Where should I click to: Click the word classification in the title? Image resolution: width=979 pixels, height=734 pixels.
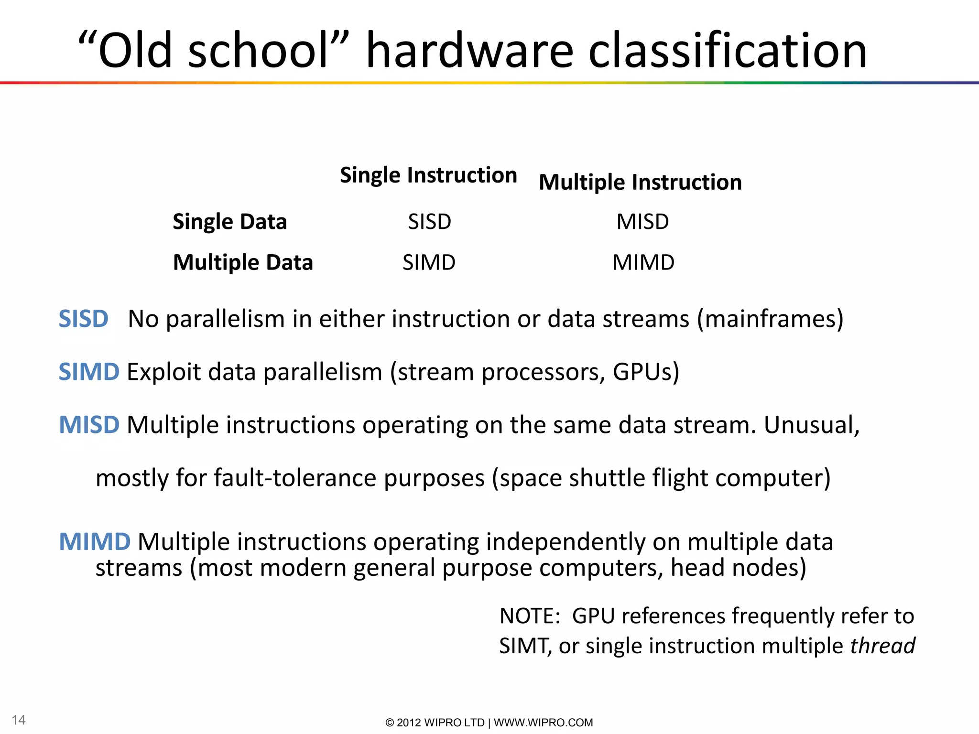[x=728, y=51]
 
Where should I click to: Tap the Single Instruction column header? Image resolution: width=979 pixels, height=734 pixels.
[x=428, y=175]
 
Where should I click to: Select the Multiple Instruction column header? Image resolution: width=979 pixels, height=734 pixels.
[x=640, y=183]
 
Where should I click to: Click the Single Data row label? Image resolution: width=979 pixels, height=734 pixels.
[x=229, y=222]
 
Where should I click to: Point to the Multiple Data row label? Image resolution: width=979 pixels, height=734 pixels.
[x=243, y=262]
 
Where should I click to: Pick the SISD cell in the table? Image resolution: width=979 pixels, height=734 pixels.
[x=429, y=222]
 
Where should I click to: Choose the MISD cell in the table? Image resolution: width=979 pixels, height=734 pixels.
[x=642, y=222]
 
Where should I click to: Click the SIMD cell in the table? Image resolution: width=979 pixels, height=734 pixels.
[x=429, y=262]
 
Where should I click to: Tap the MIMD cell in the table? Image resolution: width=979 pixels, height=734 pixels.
[x=643, y=262]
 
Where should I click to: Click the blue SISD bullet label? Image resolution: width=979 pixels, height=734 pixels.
[x=83, y=319]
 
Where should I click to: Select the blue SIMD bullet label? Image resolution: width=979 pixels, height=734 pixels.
[x=89, y=372]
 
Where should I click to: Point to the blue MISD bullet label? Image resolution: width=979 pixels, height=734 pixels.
[x=89, y=425]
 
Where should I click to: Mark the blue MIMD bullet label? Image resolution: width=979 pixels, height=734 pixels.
[x=95, y=542]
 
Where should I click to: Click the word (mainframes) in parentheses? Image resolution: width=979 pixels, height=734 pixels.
[x=770, y=319]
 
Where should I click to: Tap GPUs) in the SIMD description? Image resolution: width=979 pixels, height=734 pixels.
[x=646, y=372]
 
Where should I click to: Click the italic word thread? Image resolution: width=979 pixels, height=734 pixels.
[x=882, y=646]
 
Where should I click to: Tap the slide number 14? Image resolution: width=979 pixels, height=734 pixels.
[x=19, y=720]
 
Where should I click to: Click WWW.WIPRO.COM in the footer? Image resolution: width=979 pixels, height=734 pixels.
[x=543, y=723]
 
